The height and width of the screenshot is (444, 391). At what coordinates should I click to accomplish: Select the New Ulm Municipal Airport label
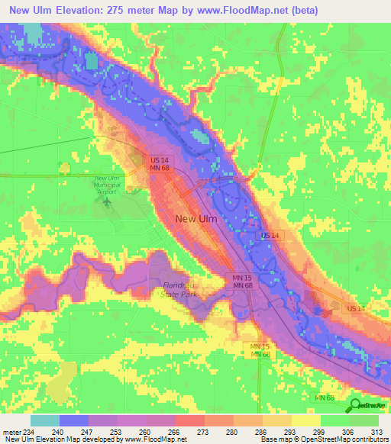[x=106, y=184]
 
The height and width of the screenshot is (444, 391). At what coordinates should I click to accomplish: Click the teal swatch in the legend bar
[x=44, y=420]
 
